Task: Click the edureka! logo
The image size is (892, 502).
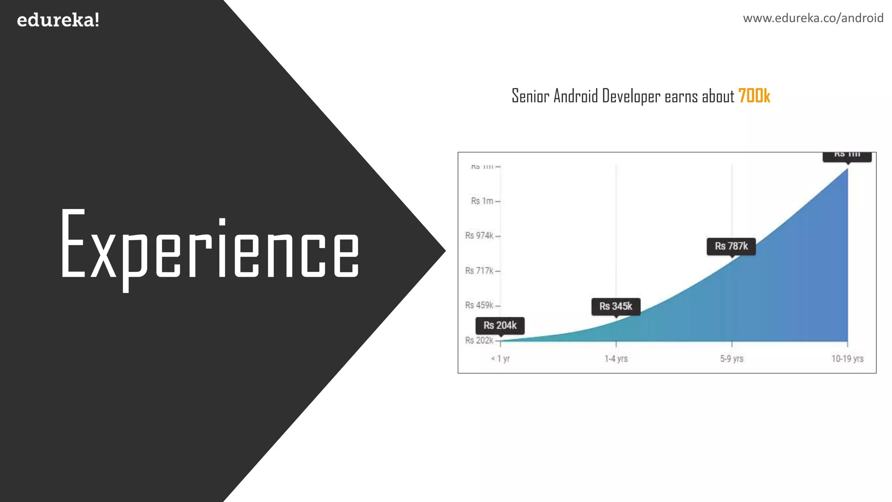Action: (58, 20)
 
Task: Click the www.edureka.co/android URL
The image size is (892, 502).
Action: (813, 18)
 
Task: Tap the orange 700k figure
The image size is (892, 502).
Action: (754, 96)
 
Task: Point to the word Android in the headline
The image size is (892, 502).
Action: (575, 96)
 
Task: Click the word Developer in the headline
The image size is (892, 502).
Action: (631, 96)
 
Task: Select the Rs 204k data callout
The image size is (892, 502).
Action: (500, 326)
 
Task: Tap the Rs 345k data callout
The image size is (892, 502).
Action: (616, 306)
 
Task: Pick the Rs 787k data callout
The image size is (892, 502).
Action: (731, 246)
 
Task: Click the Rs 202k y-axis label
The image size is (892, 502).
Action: (479, 340)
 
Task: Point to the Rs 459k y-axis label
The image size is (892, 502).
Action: (479, 305)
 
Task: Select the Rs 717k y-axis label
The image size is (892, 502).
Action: (479, 271)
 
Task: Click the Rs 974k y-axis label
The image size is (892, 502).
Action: (479, 236)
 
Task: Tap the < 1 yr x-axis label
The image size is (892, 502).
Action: (500, 359)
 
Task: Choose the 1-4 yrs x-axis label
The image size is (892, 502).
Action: (616, 359)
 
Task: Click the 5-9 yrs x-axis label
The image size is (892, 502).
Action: (732, 359)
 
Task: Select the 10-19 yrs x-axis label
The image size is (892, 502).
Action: (847, 359)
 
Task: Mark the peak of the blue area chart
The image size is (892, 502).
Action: (847, 169)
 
